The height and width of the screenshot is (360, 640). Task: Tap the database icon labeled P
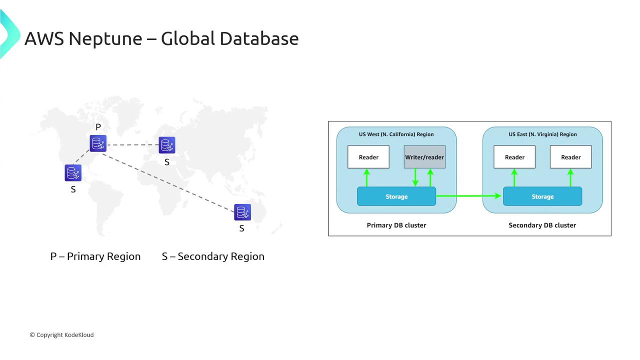pyautogui.click(x=98, y=143)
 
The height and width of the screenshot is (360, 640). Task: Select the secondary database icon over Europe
pyautogui.click(x=167, y=145)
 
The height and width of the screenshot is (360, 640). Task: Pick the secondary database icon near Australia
pyautogui.click(x=242, y=212)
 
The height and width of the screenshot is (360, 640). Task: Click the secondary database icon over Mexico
pyautogui.click(x=73, y=173)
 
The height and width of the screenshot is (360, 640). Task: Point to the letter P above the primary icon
pyautogui.click(x=98, y=127)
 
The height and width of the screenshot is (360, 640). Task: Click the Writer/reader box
pyautogui.click(x=424, y=157)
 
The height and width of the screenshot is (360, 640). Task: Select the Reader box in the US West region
pyautogui.click(x=368, y=157)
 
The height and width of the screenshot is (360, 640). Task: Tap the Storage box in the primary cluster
pyautogui.click(x=396, y=196)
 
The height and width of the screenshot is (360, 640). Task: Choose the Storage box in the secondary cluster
pyautogui.click(x=542, y=196)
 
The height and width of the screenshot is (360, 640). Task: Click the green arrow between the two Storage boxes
pyautogui.click(x=469, y=196)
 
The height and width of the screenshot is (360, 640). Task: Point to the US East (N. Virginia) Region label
pyautogui.click(x=542, y=134)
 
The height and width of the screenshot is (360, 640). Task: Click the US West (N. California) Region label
pyautogui.click(x=396, y=134)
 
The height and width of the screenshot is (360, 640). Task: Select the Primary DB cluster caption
pyautogui.click(x=396, y=225)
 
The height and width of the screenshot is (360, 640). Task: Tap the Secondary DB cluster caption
pyautogui.click(x=542, y=225)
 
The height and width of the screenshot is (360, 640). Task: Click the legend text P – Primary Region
pyautogui.click(x=95, y=256)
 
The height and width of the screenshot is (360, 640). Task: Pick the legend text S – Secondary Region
pyautogui.click(x=213, y=256)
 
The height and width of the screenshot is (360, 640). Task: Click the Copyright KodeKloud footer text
pyautogui.click(x=61, y=335)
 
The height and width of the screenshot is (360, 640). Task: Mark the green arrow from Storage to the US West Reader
pyautogui.click(x=366, y=177)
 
